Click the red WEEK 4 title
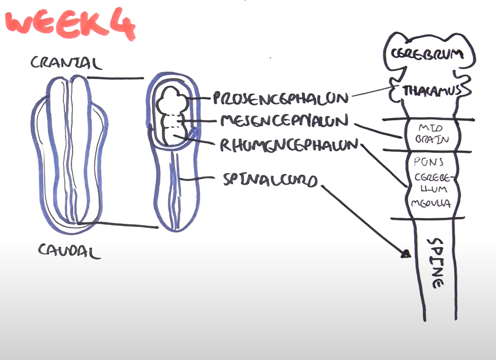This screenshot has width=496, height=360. (x=70, y=25)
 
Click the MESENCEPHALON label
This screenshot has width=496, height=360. (x=284, y=121)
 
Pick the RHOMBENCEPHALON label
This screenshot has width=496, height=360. (x=289, y=145)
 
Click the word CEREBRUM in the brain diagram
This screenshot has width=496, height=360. (x=427, y=54)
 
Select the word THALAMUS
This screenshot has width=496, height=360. (x=432, y=91)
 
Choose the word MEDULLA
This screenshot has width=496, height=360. (x=431, y=202)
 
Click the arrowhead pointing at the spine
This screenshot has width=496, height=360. (x=406, y=253)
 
